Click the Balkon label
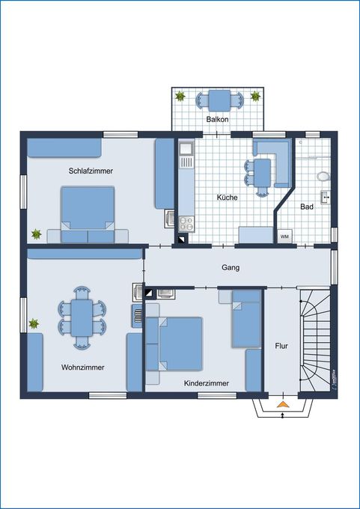[x=217, y=120]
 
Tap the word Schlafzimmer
[x=91, y=171]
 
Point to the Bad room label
[x=307, y=207]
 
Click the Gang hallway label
[x=230, y=267]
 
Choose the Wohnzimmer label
[x=83, y=368]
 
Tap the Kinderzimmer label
[x=206, y=382]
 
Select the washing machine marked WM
[x=284, y=237]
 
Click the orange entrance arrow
[x=282, y=406]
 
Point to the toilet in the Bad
[x=323, y=177]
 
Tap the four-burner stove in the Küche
[x=186, y=222]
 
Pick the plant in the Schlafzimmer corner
[x=35, y=234]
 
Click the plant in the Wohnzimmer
[x=34, y=324]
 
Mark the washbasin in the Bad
[x=326, y=198]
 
